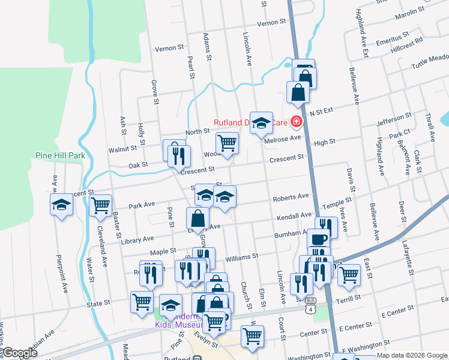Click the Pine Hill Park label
point(59,155)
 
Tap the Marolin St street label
point(410,14)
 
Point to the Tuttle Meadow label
point(430,62)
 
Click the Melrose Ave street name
point(283,138)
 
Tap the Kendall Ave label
point(294,215)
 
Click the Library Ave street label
point(137,240)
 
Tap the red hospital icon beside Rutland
point(296,122)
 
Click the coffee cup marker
point(318,238)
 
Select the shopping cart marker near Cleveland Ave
point(100,205)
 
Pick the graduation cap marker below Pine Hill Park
point(61,204)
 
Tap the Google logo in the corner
point(20,353)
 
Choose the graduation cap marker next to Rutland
point(261,123)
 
